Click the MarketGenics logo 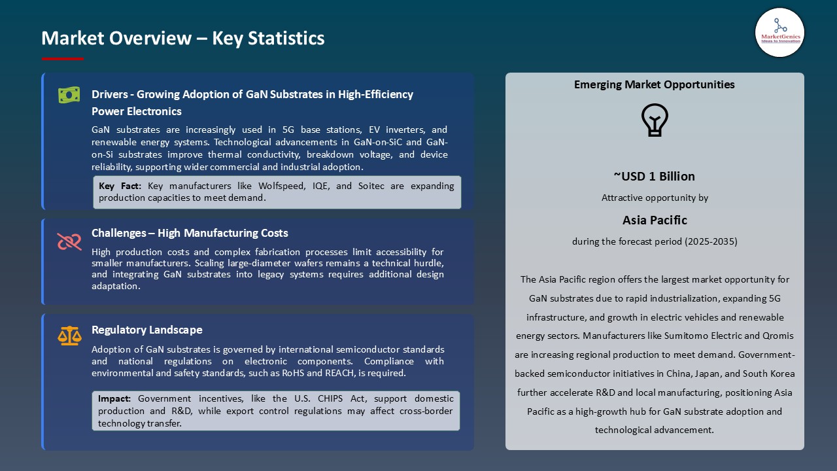pyautogui.click(x=779, y=32)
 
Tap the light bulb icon pyautogui.click(x=655, y=120)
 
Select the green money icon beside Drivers pyautogui.click(x=69, y=96)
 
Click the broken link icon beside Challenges pyautogui.click(x=69, y=242)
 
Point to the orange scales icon pyautogui.click(x=69, y=336)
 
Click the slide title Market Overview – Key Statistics pyautogui.click(x=183, y=39)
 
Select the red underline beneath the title pyautogui.click(x=63, y=59)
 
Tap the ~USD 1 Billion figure pyautogui.click(x=654, y=176)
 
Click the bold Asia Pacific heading pyautogui.click(x=655, y=220)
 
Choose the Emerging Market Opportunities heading pyautogui.click(x=654, y=84)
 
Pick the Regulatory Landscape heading pyautogui.click(x=147, y=330)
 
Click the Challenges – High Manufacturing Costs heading pyautogui.click(x=190, y=233)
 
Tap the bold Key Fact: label pyautogui.click(x=120, y=186)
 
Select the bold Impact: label pyautogui.click(x=115, y=398)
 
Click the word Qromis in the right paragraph pyautogui.click(x=777, y=336)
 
